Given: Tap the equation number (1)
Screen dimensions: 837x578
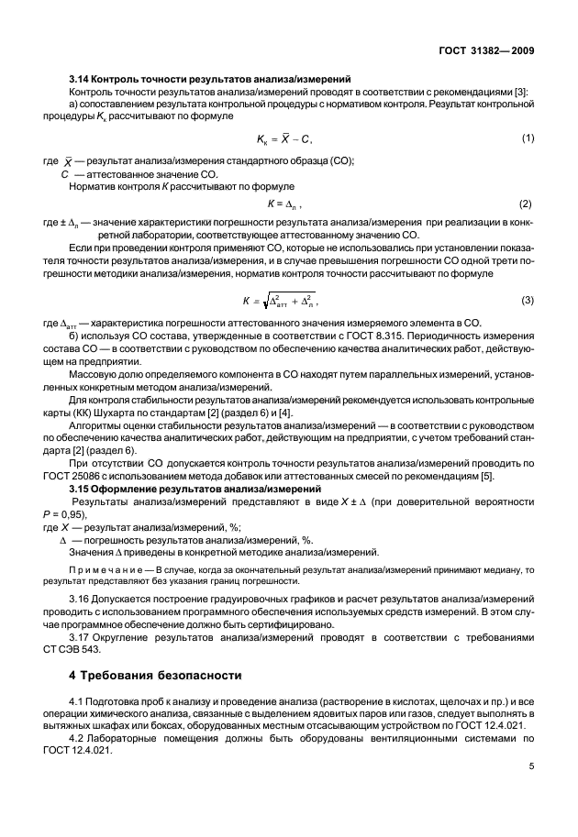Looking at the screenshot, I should [x=528, y=138].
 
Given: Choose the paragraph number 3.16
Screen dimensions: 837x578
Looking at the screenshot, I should [x=82, y=598].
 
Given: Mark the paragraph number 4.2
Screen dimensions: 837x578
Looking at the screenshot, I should [x=80, y=737].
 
